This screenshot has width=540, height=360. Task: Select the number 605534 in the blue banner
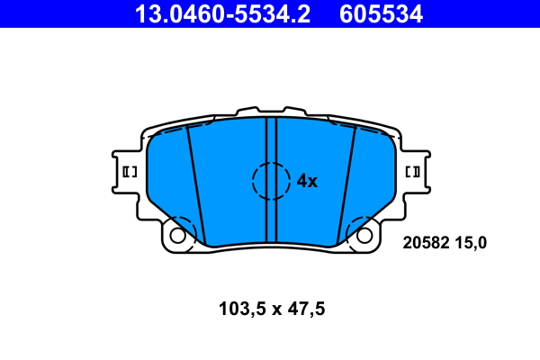coord(381,13)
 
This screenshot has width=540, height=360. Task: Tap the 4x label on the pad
coord(307,181)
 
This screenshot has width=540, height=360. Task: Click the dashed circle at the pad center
coord(272,180)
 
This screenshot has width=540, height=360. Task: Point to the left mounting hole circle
coord(177,236)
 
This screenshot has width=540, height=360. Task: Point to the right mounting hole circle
coord(364,236)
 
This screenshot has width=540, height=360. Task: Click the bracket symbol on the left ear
coord(127,172)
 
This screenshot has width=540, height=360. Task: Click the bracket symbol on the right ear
coord(414,172)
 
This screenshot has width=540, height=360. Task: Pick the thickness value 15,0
coord(471,241)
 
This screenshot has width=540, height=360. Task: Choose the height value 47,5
coord(304,309)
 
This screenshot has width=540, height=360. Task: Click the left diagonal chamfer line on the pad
coord(196,184)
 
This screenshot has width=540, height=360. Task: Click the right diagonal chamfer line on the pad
coord(346,184)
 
